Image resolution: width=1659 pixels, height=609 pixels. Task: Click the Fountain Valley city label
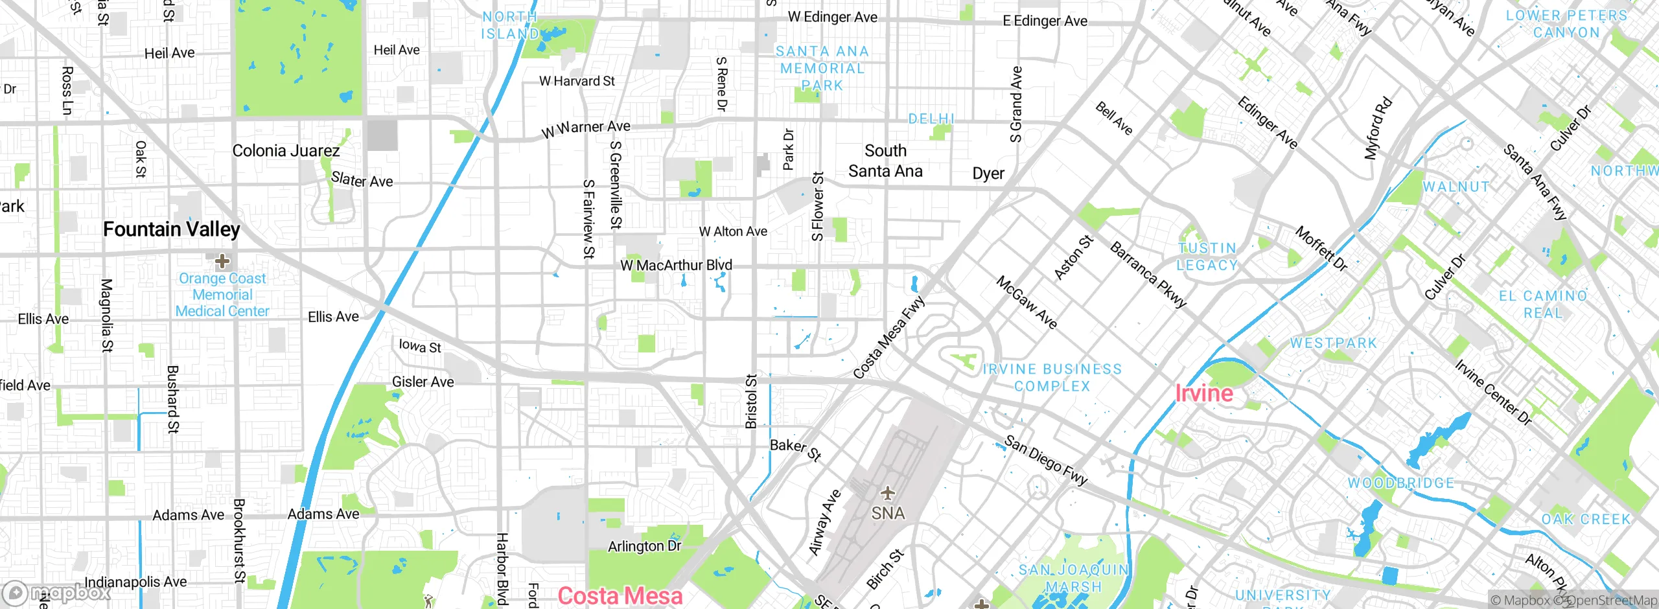point(172,229)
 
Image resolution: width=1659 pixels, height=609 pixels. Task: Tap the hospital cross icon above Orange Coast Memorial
point(222,261)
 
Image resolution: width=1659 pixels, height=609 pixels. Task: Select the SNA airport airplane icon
point(887,494)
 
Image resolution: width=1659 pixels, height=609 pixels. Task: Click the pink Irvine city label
point(1204,393)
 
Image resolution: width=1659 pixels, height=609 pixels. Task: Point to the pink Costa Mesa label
point(620,595)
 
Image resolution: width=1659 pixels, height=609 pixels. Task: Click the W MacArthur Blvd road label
point(676,265)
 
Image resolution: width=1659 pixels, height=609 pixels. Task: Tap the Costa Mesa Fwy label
point(888,338)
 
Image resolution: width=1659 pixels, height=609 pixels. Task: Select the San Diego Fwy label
point(1045,461)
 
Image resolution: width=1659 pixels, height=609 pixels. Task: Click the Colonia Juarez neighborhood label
point(286,151)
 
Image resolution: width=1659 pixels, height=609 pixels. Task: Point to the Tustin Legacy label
point(1207,257)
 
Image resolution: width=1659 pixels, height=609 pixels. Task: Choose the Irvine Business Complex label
point(1052,377)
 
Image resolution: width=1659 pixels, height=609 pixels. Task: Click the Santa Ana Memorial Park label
point(822,68)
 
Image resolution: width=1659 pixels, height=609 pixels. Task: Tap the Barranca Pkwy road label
point(1148,275)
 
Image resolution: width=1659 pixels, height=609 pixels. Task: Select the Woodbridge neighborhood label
point(1401,483)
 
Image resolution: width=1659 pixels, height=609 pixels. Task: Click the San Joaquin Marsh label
point(1073,578)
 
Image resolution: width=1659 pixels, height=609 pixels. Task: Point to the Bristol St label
point(751,401)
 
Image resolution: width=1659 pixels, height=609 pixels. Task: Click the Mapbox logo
point(57,593)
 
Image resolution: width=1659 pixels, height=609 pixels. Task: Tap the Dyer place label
point(988,174)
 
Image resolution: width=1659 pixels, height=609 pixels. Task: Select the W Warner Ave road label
point(586,128)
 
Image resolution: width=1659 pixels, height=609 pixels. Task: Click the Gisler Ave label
point(423,382)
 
